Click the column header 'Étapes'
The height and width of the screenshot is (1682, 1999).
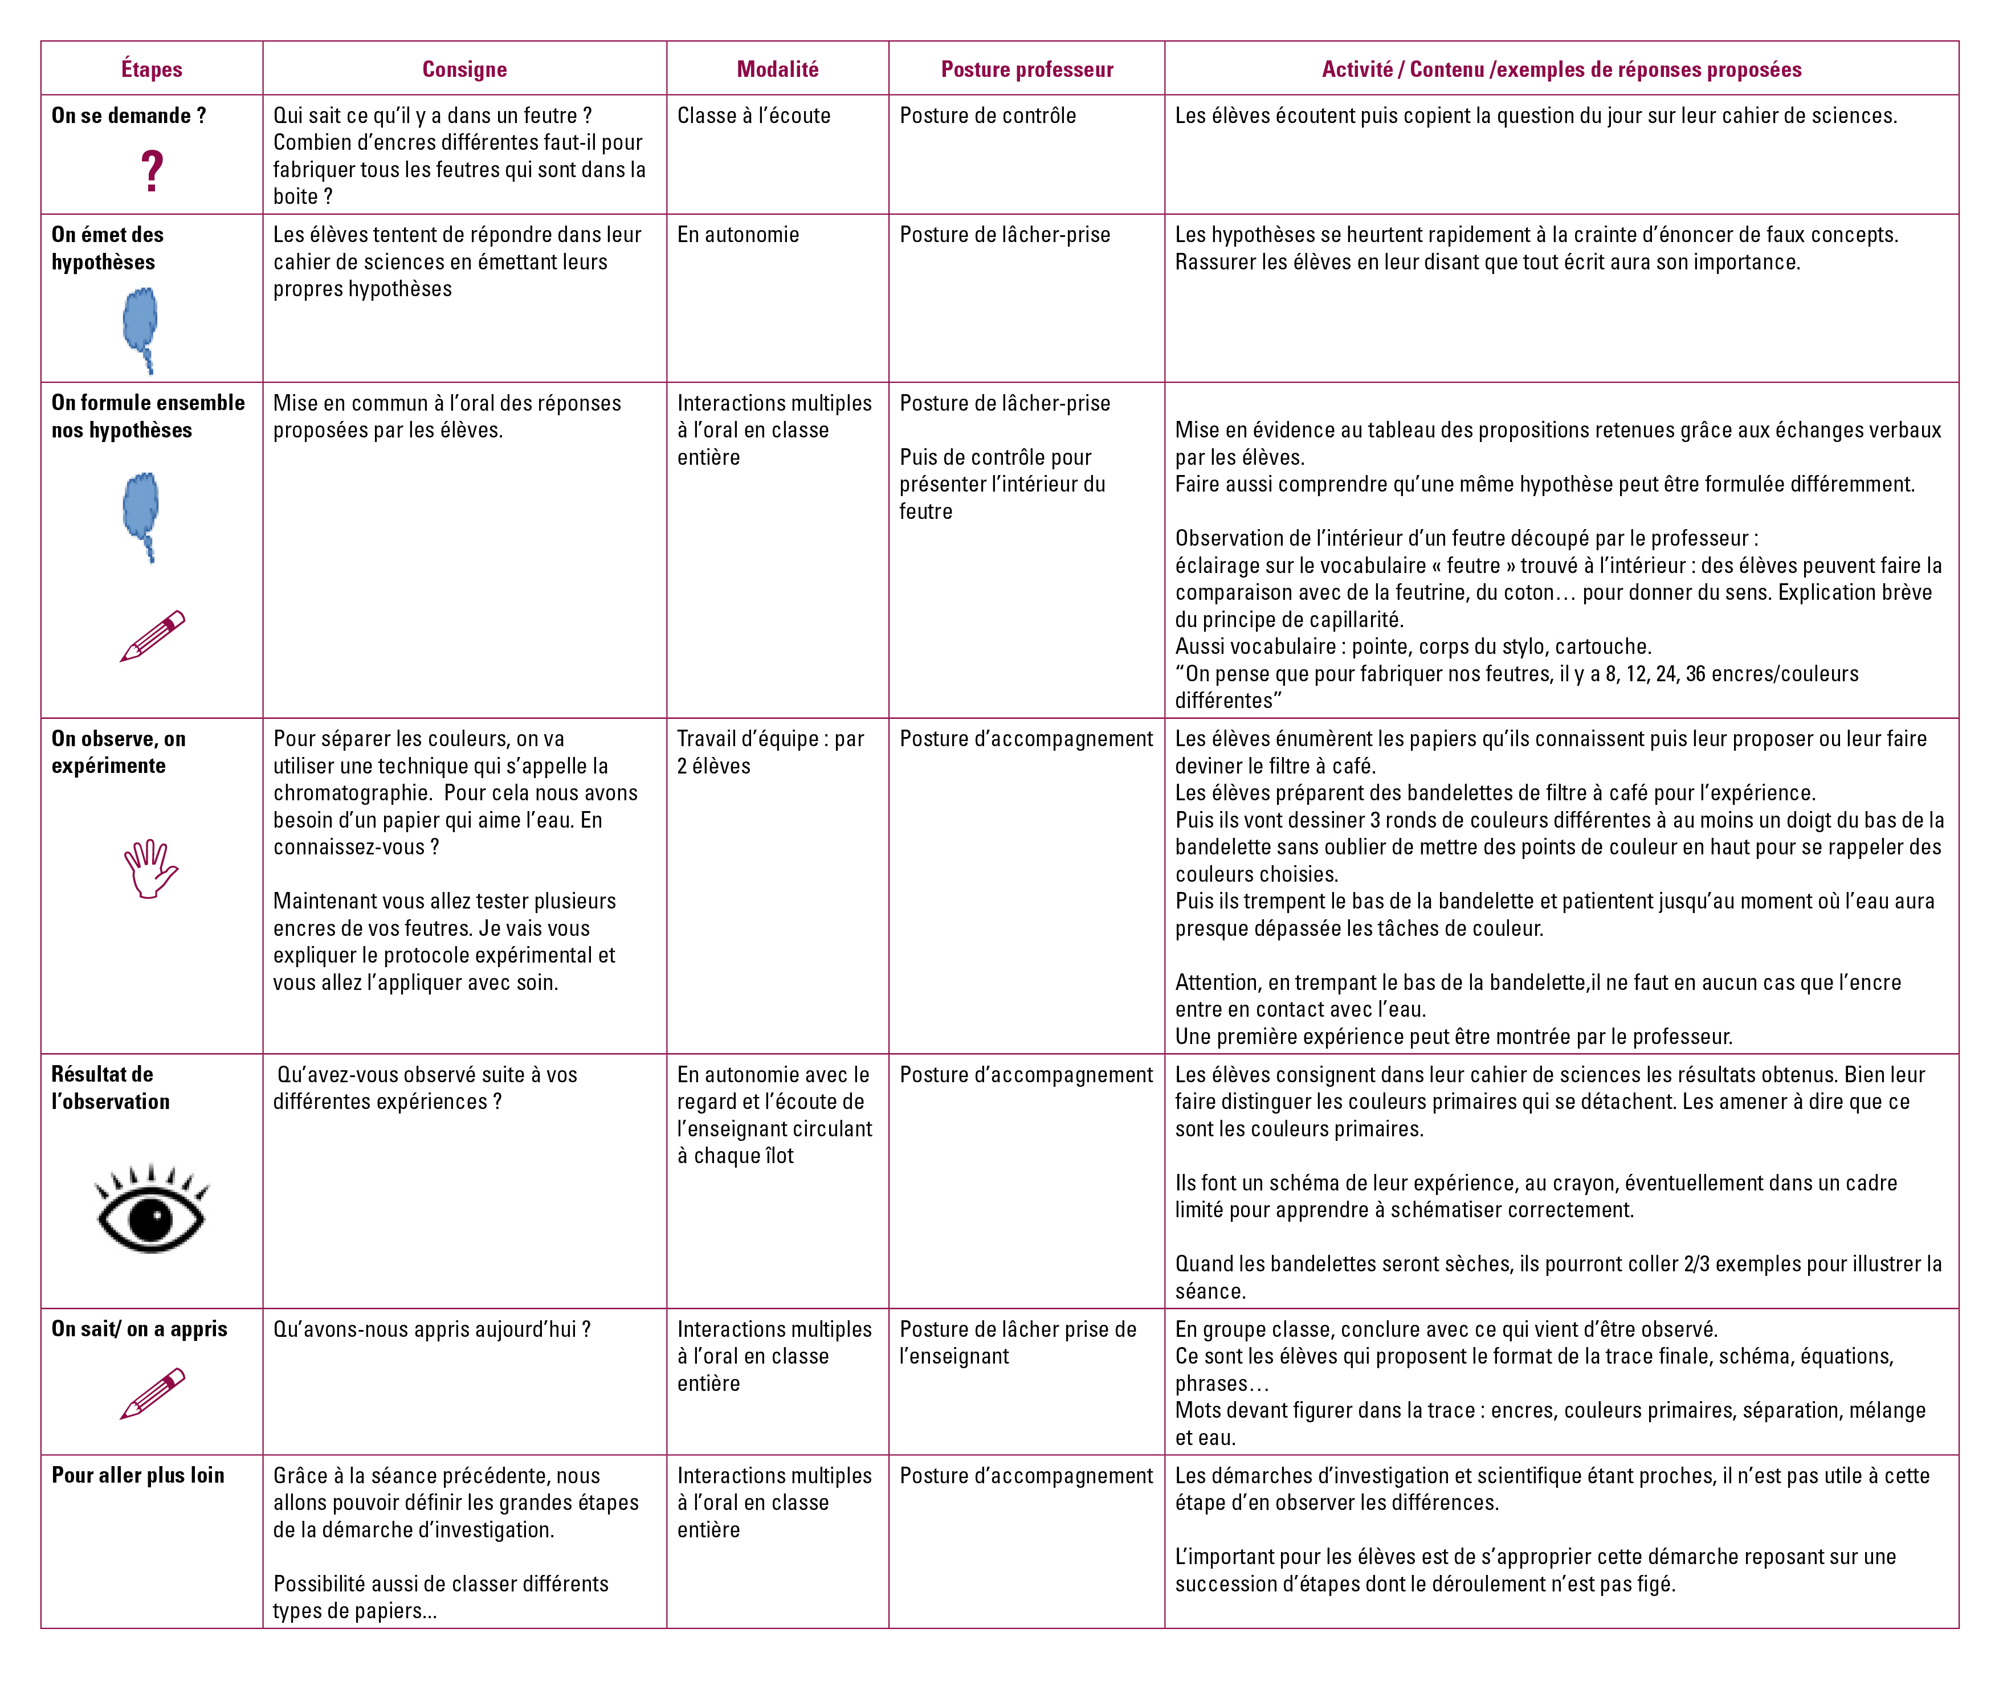coord(152,69)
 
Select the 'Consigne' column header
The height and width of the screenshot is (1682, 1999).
coord(464,69)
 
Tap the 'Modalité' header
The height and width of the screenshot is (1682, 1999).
coord(777,69)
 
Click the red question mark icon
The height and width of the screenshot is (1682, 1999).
coord(152,171)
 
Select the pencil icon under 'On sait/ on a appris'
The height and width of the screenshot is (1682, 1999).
coord(153,1394)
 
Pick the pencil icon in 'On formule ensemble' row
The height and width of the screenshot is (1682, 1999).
coord(153,636)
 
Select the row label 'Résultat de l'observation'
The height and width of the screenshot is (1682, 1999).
coord(111,1088)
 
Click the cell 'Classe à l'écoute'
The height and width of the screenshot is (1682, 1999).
coord(753,116)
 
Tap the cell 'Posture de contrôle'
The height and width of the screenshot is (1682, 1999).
coord(987,116)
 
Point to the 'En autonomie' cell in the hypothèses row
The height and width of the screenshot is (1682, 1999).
coord(738,235)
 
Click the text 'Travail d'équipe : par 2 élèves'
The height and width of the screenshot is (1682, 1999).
coord(770,752)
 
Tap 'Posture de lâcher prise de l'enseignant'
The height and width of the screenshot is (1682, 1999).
coord(1018,1343)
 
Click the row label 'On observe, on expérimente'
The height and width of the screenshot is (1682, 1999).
coord(119,752)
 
